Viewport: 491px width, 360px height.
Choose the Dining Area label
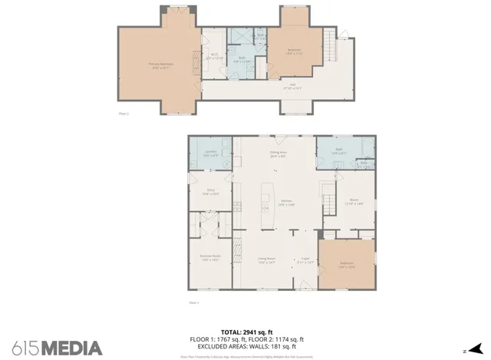coord(278,154)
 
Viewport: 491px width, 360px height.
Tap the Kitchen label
coord(287,203)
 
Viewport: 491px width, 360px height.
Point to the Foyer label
coord(305,260)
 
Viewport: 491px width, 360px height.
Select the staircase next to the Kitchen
coord(328,203)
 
